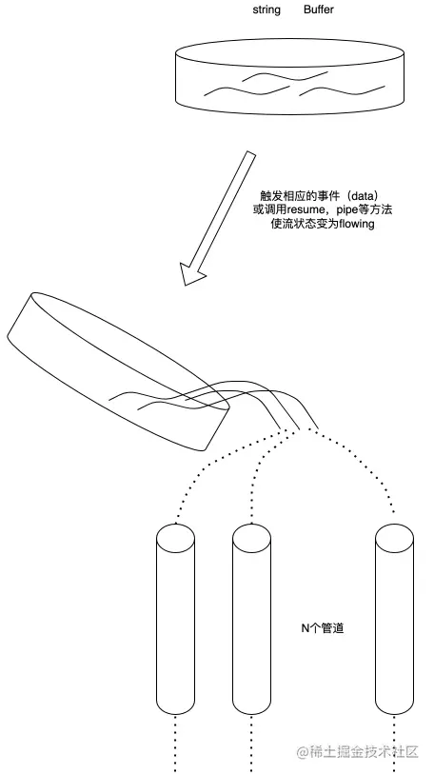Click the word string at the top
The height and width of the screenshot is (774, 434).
coord(266,10)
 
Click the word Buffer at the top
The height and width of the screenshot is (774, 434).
coord(319,10)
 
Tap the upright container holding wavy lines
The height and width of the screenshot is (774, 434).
coord(290,76)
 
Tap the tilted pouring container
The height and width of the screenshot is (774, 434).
coord(119,371)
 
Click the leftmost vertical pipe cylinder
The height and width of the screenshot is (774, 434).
coord(175,619)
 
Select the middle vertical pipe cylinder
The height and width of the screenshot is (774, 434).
coord(252,619)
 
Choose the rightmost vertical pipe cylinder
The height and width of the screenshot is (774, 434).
coord(394,619)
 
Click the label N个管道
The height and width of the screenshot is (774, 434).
coord(322,628)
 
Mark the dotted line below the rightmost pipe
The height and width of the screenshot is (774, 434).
coord(394,743)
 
